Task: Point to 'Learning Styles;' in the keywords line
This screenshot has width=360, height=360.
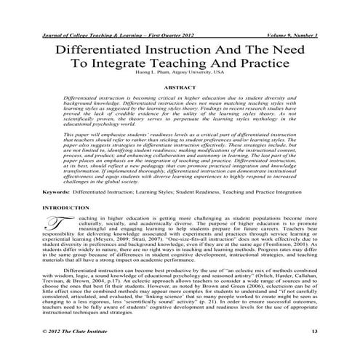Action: pyautogui.click(x=153, y=192)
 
